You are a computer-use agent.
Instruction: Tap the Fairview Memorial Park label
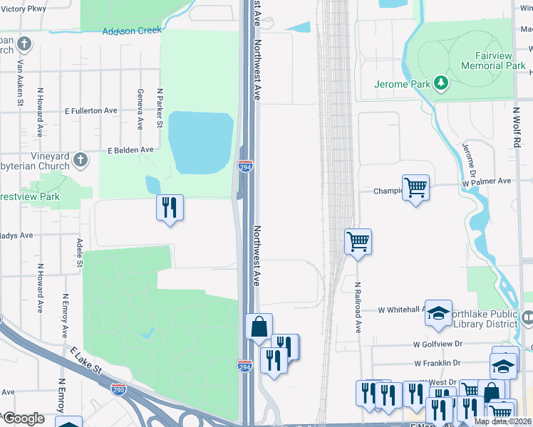click(492, 60)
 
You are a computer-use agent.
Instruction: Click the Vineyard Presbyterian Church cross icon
click(81, 159)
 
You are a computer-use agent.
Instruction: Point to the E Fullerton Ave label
click(90, 111)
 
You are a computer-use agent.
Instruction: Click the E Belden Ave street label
click(130, 150)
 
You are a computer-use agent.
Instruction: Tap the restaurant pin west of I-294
click(170, 208)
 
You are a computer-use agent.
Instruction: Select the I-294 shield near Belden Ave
click(244, 167)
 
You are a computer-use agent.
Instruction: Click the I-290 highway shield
click(119, 389)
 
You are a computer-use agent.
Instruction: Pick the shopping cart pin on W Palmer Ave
click(415, 188)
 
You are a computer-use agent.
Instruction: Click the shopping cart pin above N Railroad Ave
click(358, 242)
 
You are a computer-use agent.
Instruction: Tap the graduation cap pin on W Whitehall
click(438, 312)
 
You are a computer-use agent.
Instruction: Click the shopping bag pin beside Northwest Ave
click(259, 327)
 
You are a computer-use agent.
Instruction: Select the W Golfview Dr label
click(437, 344)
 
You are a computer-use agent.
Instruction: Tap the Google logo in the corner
click(24, 418)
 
